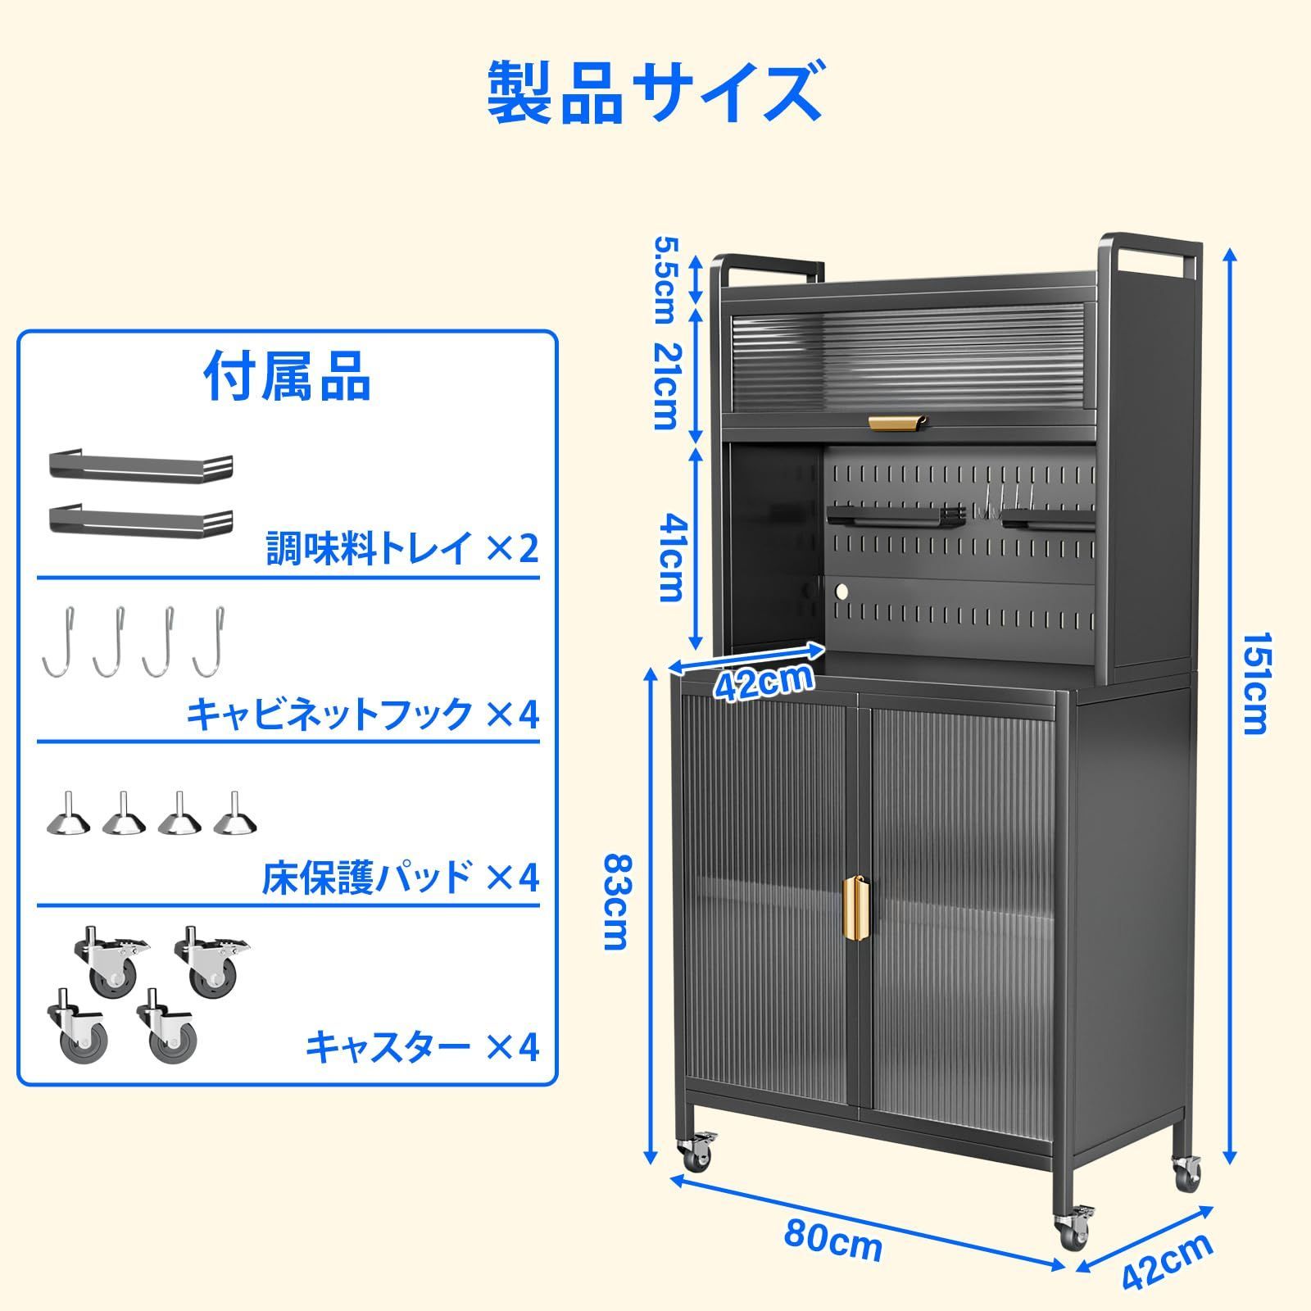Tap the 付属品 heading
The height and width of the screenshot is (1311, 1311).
point(288,376)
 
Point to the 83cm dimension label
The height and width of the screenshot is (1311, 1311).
point(616,900)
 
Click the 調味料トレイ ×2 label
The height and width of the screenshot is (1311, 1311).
point(403,547)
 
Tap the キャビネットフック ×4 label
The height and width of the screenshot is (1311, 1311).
point(363,714)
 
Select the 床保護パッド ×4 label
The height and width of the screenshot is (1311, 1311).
point(401,878)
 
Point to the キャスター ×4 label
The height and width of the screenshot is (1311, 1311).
point(423,1046)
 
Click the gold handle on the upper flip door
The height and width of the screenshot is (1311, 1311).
point(898,421)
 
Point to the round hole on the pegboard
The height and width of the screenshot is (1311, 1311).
point(841,590)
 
